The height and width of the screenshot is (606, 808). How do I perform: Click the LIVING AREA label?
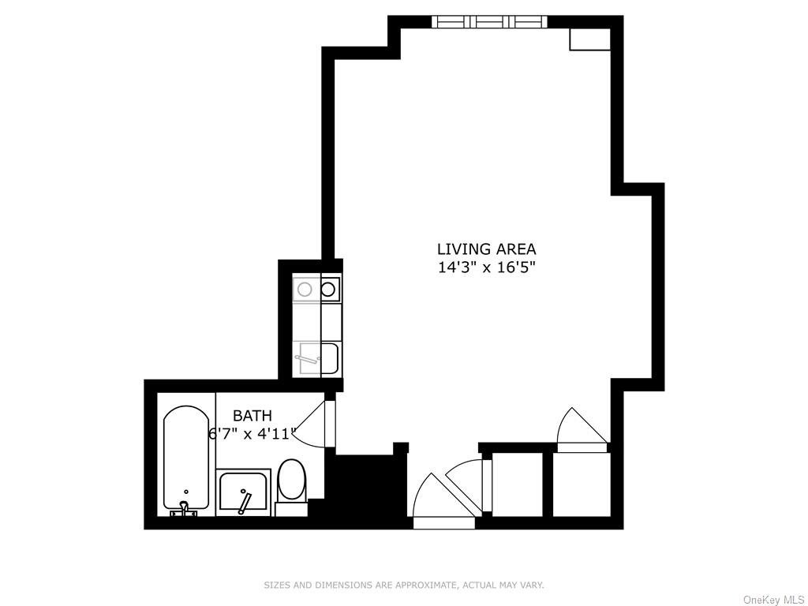[486, 249]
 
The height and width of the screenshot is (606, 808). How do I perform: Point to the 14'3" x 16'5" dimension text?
[484, 268]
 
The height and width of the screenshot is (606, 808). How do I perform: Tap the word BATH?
[252, 415]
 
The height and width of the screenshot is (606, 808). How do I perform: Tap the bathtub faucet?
[184, 511]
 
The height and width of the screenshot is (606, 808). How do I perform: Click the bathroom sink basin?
[243, 492]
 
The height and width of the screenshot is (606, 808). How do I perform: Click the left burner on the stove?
[305, 289]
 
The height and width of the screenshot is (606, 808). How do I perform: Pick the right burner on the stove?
[328, 289]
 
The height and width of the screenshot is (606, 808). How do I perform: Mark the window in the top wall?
[488, 21]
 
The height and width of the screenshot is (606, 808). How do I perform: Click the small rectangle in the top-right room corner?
[589, 39]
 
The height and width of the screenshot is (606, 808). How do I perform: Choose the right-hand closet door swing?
[583, 430]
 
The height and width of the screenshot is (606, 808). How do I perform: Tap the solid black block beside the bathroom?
[366, 486]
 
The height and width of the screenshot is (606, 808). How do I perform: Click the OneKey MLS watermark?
[773, 600]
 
